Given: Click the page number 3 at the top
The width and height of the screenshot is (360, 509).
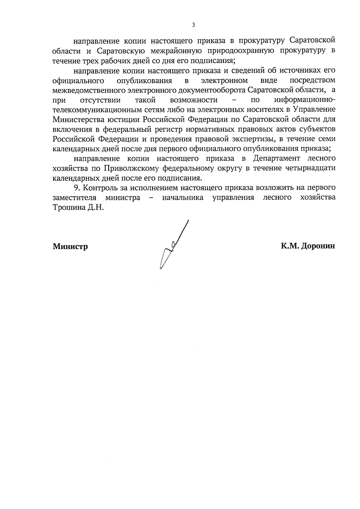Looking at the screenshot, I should tap(193, 25).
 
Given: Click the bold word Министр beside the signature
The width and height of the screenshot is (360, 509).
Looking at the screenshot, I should tap(70, 247).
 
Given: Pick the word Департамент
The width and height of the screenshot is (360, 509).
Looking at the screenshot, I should tap(276, 158).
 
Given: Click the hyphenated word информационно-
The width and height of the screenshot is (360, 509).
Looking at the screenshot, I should tap(305, 100).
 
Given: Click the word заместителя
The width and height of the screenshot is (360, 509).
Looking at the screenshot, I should tap(74, 198).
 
